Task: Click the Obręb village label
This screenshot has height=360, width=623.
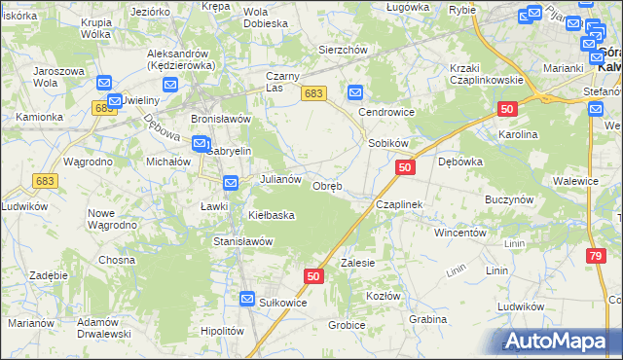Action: pyautogui.click(x=326, y=187)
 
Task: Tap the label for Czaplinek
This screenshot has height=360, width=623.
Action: pyautogui.click(x=398, y=205)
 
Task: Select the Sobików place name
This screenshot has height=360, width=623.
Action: pyautogui.click(x=387, y=143)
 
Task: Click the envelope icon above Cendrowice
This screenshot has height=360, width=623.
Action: pyautogui.click(x=355, y=93)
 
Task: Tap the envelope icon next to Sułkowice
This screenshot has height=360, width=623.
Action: pyautogui.click(x=248, y=300)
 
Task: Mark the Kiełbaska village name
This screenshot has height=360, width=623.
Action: pyautogui.click(x=272, y=215)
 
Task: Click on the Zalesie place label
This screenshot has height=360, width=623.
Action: pyautogui.click(x=357, y=264)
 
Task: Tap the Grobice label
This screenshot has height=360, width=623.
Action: pyautogui.click(x=347, y=325)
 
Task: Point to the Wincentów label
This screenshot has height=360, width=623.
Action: pyautogui.click(x=459, y=234)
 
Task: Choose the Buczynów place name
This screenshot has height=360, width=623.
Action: pyautogui.click(x=508, y=198)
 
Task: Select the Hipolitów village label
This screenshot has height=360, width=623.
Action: pyautogui.click(x=220, y=331)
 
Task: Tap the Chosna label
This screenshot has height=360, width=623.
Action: pyautogui.click(x=117, y=260)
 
